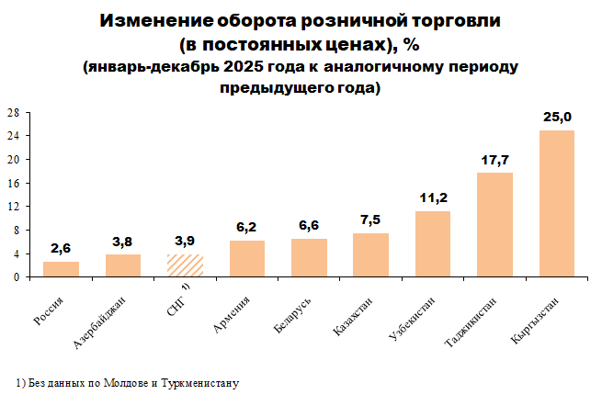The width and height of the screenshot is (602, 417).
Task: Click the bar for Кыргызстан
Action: (x=556, y=203)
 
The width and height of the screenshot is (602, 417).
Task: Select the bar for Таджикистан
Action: (x=494, y=224)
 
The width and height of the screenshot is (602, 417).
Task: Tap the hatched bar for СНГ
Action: (x=185, y=265)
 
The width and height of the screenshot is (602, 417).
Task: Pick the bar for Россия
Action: (x=61, y=269)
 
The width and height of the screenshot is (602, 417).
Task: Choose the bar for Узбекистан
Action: (x=433, y=243)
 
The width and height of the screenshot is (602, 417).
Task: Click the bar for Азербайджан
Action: (x=123, y=265)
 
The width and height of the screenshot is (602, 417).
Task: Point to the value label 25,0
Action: (x=557, y=118)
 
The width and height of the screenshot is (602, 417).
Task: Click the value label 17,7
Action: (x=494, y=161)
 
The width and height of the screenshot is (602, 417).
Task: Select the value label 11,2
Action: (x=433, y=199)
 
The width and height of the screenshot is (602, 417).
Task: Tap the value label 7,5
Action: (x=370, y=220)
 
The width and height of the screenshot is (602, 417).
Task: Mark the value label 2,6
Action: (x=61, y=250)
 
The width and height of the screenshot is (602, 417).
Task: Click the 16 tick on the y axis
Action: (x=14, y=183)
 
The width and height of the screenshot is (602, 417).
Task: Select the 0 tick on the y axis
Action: (x=17, y=276)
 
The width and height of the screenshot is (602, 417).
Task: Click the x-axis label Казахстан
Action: (x=355, y=316)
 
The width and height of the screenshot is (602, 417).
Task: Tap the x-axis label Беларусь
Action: (x=293, y=314)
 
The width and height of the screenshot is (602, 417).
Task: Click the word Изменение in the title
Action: (x=155, y=20)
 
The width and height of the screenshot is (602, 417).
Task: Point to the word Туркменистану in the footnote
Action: (x=203, y=382)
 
